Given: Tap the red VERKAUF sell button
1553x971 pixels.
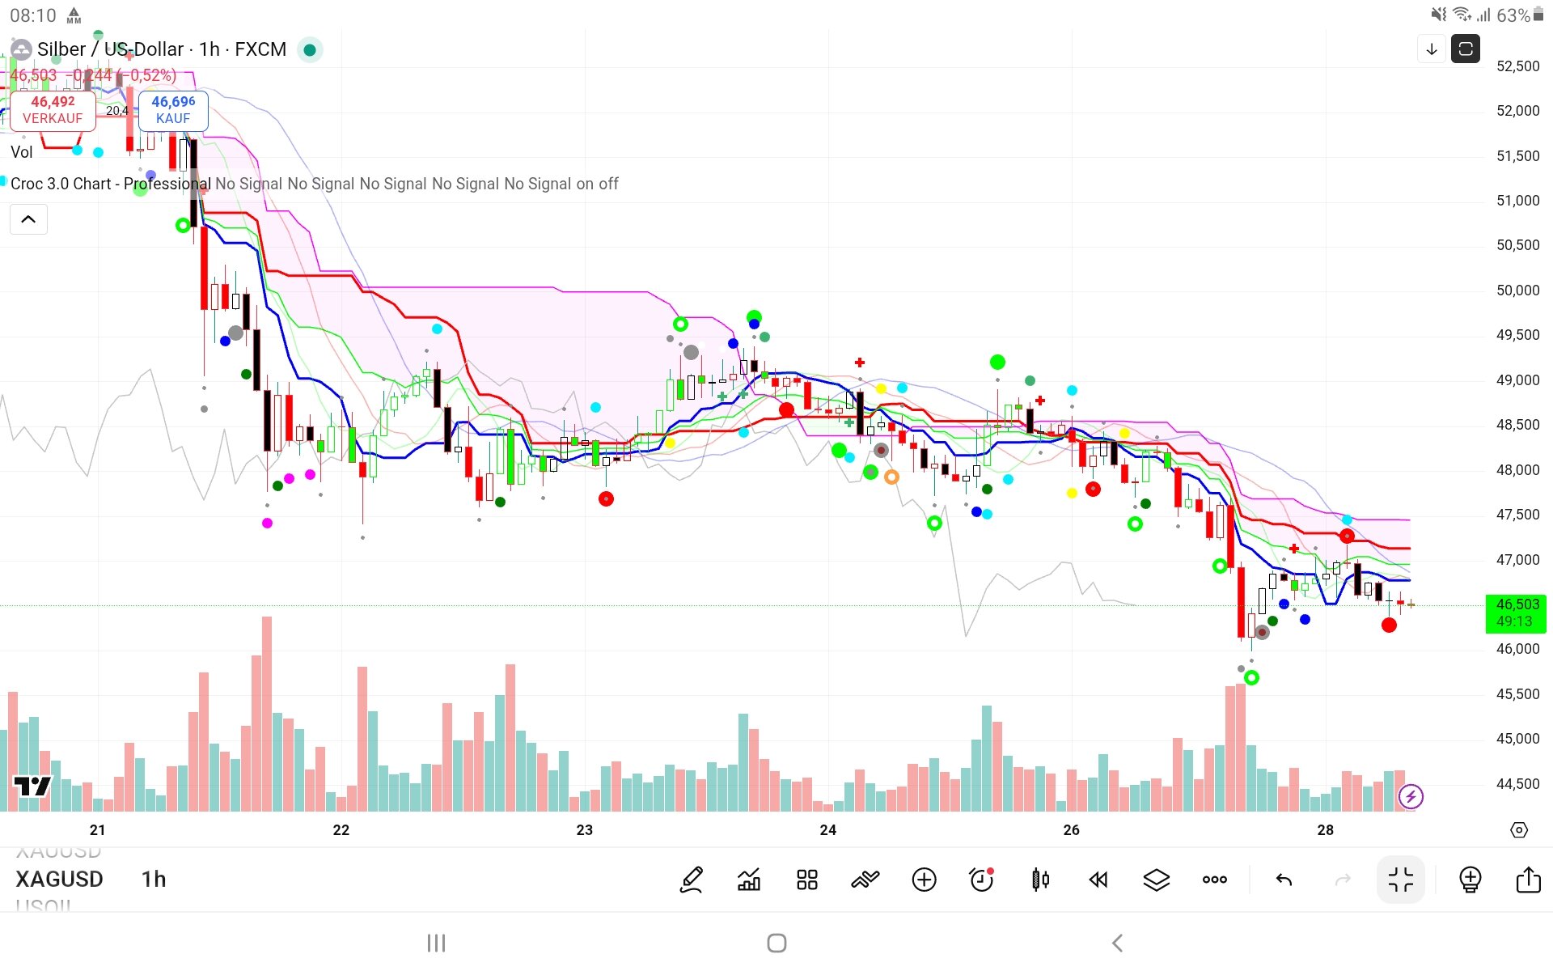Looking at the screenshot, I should point(53,110).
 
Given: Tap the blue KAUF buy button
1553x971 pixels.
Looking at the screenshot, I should point(173,110).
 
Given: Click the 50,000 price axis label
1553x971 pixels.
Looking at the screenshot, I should point(1517,290).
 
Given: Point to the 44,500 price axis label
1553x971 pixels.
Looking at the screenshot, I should point(1517,784).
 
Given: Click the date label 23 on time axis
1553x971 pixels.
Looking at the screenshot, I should point(584,830).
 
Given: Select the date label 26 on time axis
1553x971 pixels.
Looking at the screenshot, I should point(1071,830).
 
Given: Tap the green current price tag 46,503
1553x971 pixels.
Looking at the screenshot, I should point(1516,613).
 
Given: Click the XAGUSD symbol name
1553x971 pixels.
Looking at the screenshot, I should point(60,880).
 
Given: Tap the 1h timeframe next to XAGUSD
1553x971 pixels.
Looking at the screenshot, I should point(154,880).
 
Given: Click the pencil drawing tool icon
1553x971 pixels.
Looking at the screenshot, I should point(692,880).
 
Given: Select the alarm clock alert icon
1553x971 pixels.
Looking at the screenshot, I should point(982,880).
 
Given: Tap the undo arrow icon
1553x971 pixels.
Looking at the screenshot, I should point(1284,880).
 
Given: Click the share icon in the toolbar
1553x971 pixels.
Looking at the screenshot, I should point(1528,880).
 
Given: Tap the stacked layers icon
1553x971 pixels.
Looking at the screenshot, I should point(1156,880).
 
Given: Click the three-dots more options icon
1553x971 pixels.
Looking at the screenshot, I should point(1214,880).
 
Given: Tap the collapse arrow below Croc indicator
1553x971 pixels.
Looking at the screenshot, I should point(28,219).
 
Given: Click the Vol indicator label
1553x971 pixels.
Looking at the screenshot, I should point(22,152).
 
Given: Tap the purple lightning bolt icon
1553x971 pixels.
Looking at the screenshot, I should point(1411,797).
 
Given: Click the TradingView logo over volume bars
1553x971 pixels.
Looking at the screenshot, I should point(32,786).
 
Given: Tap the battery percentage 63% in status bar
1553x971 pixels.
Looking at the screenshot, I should point(1513,15).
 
